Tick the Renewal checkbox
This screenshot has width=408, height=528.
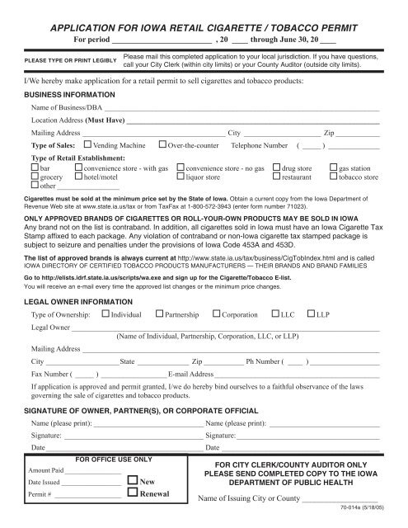[x=134, y=494]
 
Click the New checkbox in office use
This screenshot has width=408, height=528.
[x=134, y=479]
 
